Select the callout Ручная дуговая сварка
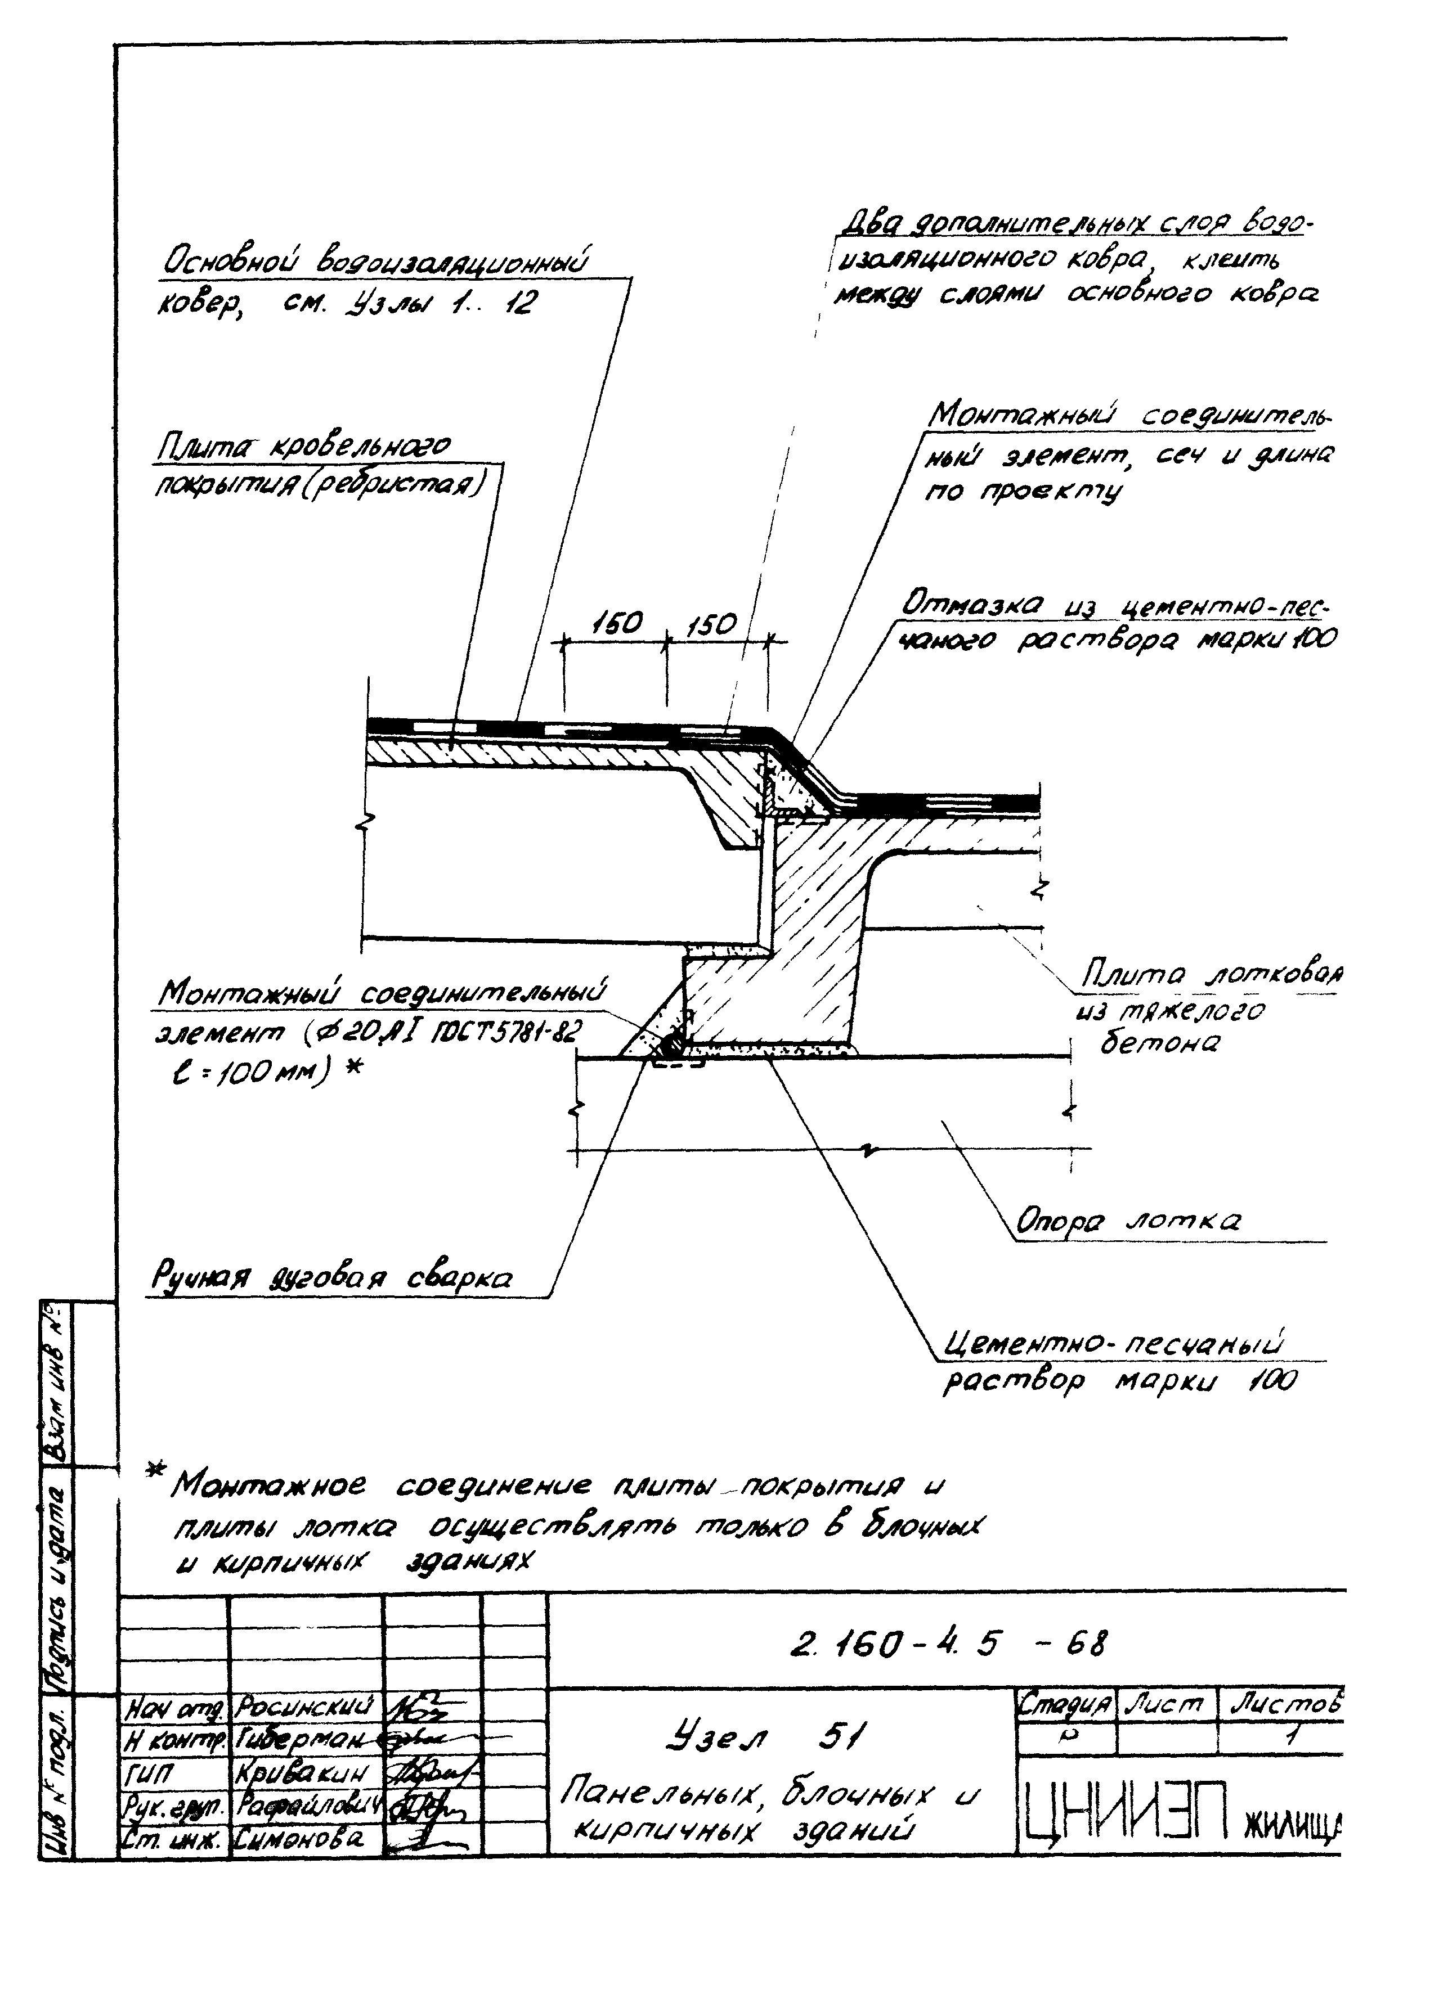click(x=332, y=1279)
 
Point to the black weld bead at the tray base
click(x=670, y=1046)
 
